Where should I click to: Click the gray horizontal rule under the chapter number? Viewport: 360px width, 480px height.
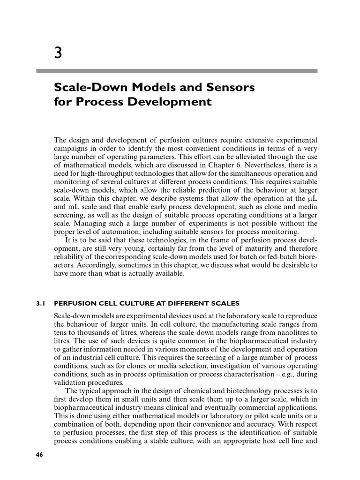(177, 71)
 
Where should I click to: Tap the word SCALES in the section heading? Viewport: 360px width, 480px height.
(226, 303)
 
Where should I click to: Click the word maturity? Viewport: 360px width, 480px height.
(269, 248)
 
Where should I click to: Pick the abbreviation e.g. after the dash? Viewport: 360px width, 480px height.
(298, 375)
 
